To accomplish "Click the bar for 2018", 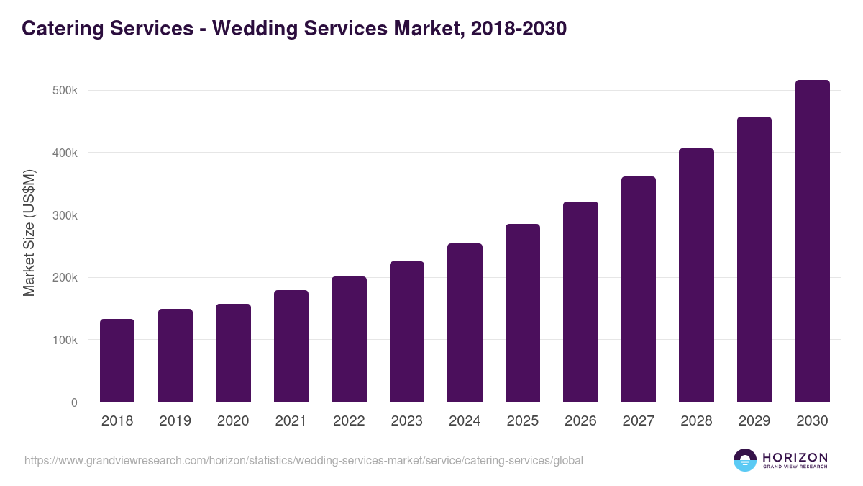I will coord(117,360).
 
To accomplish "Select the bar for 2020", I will coord(233,353).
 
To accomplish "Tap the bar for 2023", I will coord(407,331).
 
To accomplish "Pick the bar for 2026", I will coord(580,302).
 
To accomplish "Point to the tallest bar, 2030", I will coord(812,241).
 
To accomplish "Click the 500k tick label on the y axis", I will coord(65,91).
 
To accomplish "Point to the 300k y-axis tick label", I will coord(65,215).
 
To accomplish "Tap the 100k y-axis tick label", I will coord(65,340).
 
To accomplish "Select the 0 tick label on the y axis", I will coord(74,402).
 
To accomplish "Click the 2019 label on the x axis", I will coord(175,421).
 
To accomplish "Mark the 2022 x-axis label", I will coord(349,421).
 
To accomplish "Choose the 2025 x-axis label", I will coord(523,421).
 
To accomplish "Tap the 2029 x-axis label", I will coord(754,421).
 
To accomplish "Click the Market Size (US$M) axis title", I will coord(29,232).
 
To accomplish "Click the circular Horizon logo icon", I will coord(745,460).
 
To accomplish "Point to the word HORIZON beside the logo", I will coord(795,456).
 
